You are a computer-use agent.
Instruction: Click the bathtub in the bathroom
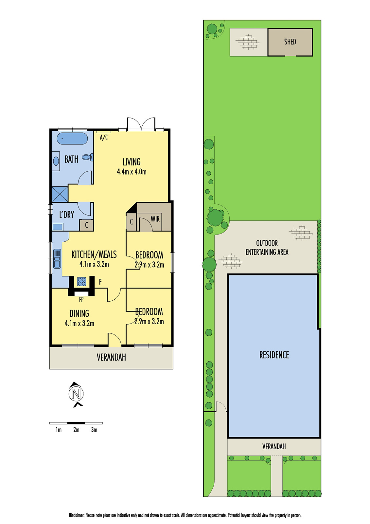[x=72, y=139]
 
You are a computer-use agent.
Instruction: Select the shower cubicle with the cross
[x=60, y=194]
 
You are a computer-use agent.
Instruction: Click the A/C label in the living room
[x=104, y=137]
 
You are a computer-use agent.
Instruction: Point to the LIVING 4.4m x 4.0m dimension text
[x=132, y=171]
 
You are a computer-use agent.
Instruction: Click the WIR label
[x=155, y=219]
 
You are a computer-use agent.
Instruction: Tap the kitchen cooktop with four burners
[x=81, y=281]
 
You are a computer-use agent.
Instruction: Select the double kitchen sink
[x=57, y=258]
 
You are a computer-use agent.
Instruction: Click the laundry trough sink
[x=58, y=227]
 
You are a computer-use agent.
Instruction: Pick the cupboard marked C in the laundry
[x=86, y=225]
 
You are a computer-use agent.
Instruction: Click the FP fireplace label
[x=81, y=299]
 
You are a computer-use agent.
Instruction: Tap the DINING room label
[x=79, y=314]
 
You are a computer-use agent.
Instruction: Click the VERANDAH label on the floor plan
[x=111, y=357]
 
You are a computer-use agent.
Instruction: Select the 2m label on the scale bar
[x=76, y=430]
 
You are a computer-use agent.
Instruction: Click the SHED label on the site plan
[x=290, y=42]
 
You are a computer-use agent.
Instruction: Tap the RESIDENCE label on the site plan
[x=274, y=355]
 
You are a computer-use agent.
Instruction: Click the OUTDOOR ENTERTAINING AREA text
[x=267, y=248]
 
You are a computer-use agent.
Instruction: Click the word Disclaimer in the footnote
[x=77, y=515]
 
